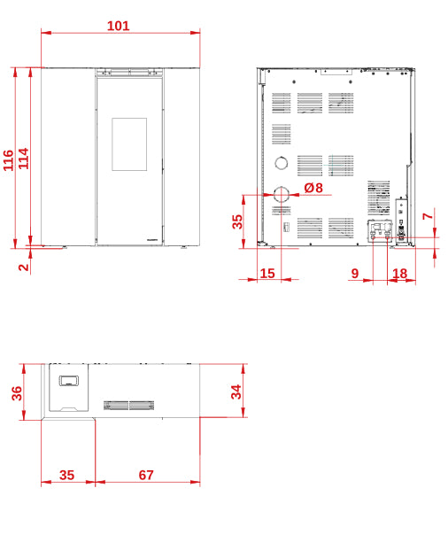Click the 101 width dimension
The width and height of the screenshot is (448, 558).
pyautogui.click(x=118, y=26)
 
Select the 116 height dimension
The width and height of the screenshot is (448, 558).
pyautogui.click(x=8, y=160)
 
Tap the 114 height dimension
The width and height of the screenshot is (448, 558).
pyautogui.click(x=24, y=159)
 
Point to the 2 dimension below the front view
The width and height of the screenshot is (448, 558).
pyautogui.click(x=24, y=267)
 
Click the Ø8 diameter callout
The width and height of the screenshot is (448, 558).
pyautogui.click(x=313, y=188)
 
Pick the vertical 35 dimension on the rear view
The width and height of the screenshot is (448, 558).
pyautogui.click(x=237, y=221)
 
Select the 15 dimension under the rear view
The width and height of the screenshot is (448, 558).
pyautogui.click(x=267, y=274)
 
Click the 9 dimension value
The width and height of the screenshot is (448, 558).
pyautogui.click(x=355, y=274)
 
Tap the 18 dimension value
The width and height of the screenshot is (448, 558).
pyautogui.click(x=399, y=274)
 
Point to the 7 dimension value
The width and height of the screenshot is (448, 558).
pyautogui.click(x=428, y=216)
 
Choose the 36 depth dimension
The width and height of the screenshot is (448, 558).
pyautogui.click(x=17, y=393)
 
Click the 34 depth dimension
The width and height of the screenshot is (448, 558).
pyautogui.click(x=236, y=391)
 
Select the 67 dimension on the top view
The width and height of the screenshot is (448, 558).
pyautogui.click(x=146, y=475)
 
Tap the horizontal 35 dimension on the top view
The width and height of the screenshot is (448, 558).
pyautogui.click(x=67, y=475)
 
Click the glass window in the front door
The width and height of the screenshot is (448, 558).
pyautogui.click(x=129, y=144)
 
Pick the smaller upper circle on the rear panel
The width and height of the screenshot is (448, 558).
pyautogui.click(x=282, y=163)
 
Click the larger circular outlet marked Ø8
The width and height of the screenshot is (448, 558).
pyautogui.click(x=282, y=194)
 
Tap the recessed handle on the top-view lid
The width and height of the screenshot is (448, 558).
pyautogui.click(x=69, y=381)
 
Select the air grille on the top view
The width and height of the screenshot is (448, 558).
pyautogui.click(x=128, y=406)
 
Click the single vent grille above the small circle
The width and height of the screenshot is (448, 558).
pyautogui.click(x=282, y=134)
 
